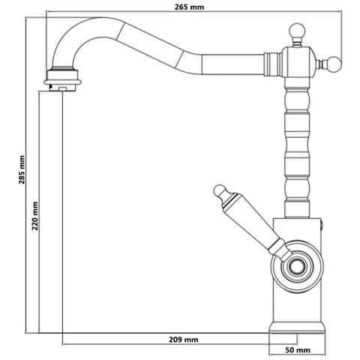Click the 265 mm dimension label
point(189,7)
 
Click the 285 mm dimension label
point(22,169)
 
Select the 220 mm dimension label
point(35,216)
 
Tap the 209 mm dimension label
point(184,340)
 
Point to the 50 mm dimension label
point(298,350)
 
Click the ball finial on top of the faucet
point(297,31)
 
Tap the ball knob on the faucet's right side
point(333,64)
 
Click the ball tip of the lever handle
point(220,191)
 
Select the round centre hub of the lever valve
point(297,265)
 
